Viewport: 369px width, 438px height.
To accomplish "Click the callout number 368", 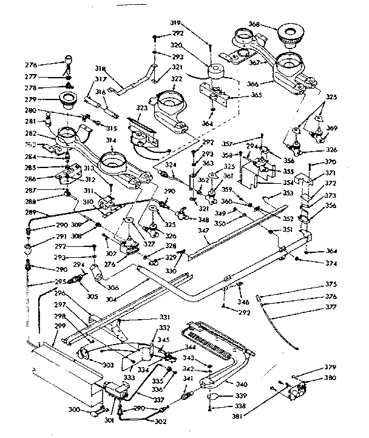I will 254,25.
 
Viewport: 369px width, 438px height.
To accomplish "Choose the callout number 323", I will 141,107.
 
